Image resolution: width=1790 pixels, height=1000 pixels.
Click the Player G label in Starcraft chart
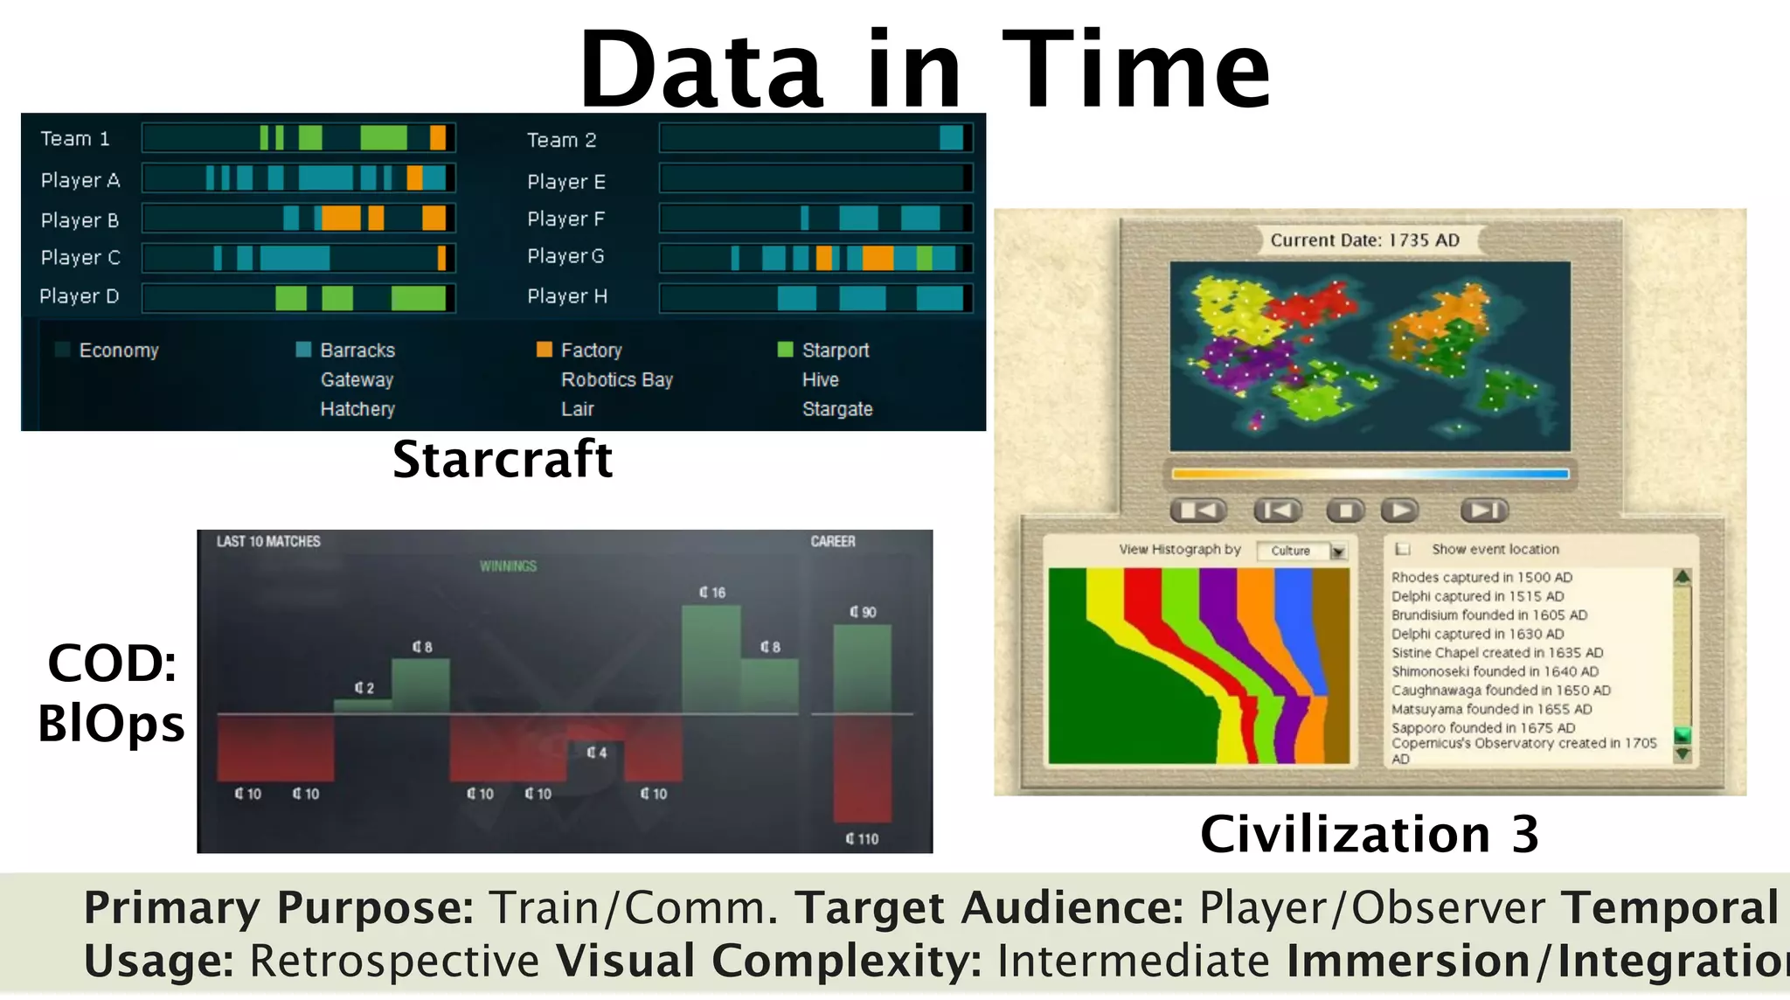coord(565,256)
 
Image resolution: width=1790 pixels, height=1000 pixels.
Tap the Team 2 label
coord(561,140)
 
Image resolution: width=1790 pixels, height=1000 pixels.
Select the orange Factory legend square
coord(544,350)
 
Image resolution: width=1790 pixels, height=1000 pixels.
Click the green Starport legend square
coord(785,350)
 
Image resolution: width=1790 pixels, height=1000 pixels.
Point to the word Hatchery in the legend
coord(357,409)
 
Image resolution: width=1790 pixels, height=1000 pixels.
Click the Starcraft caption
coord(503,459)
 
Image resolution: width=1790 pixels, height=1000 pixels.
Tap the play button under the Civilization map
coord(1399,510)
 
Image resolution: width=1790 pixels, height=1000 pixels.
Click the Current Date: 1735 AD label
coord(1364,240)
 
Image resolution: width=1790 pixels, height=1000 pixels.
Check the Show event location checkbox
coord(1403,549)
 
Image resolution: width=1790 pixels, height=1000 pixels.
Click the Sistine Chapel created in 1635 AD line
coord(1496,653)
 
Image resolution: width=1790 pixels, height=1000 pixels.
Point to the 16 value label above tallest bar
coord(712,593)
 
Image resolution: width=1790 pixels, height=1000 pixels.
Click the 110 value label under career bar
coord(862,839)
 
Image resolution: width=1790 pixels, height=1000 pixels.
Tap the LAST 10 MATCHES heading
coord(268,542)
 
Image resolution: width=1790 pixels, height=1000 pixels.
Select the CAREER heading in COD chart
coord(832,542)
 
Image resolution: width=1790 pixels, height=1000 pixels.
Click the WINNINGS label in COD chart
coord(508,566)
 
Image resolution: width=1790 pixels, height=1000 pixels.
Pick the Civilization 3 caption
coord(1369,834)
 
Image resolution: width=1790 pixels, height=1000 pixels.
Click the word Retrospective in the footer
coord(394,961)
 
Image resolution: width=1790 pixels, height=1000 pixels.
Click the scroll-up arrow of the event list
coord(1682,577)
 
